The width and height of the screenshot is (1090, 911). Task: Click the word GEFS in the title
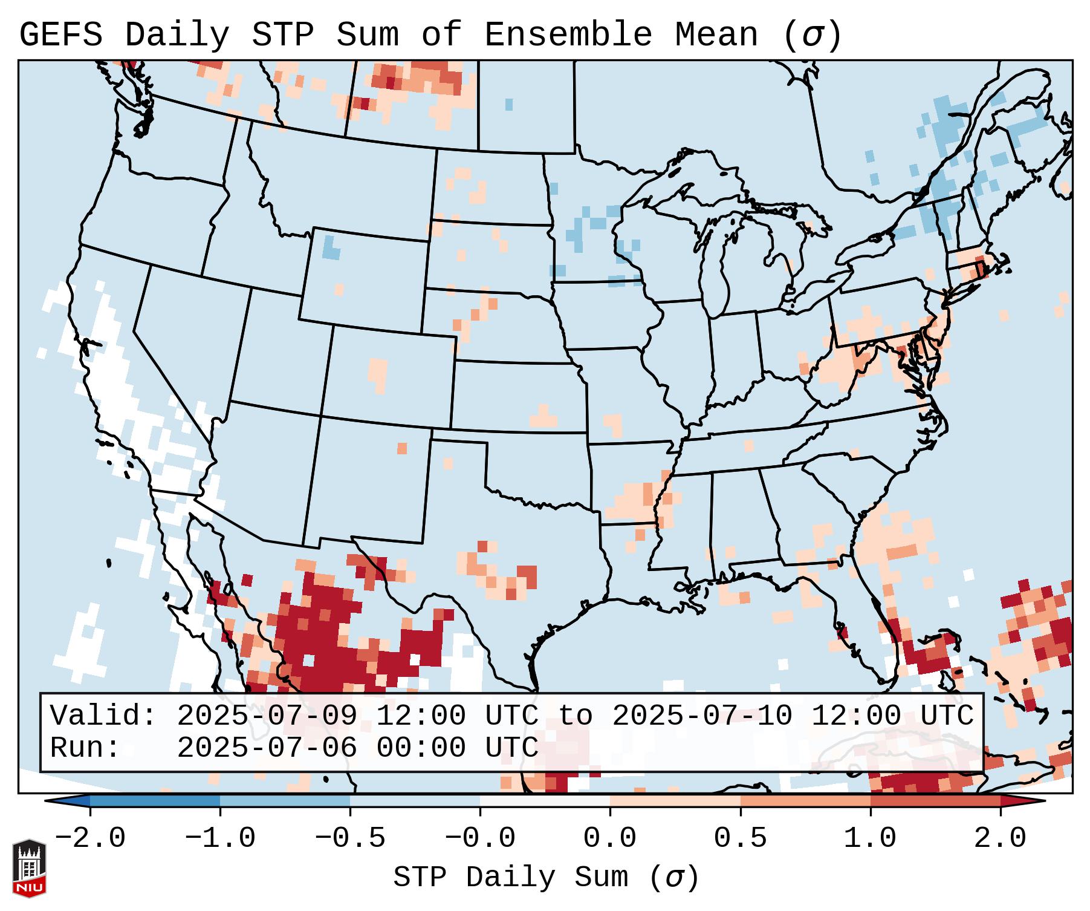tap(60, 35)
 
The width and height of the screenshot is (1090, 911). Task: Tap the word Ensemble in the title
tap(568, 35)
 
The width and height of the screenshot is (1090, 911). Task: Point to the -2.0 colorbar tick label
tap(90, 838)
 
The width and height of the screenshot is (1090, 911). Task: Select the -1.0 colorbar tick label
tap(220, 838)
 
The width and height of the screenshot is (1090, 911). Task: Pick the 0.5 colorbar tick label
tap(741, 838)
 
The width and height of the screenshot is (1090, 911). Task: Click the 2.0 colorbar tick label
tap(1001, 838)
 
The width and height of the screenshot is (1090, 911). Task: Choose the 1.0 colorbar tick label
tap(871, 838)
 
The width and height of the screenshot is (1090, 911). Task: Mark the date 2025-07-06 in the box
tap(267, 748)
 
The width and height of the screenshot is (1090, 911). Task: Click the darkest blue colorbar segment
tap(155, 801)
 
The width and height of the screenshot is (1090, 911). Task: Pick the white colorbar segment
tap(545, 801)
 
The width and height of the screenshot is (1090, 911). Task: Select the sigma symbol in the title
tap(811, 35)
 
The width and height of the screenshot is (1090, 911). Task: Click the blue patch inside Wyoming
tap(330, 248)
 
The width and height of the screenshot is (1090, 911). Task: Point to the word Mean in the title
tap(716, 35)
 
